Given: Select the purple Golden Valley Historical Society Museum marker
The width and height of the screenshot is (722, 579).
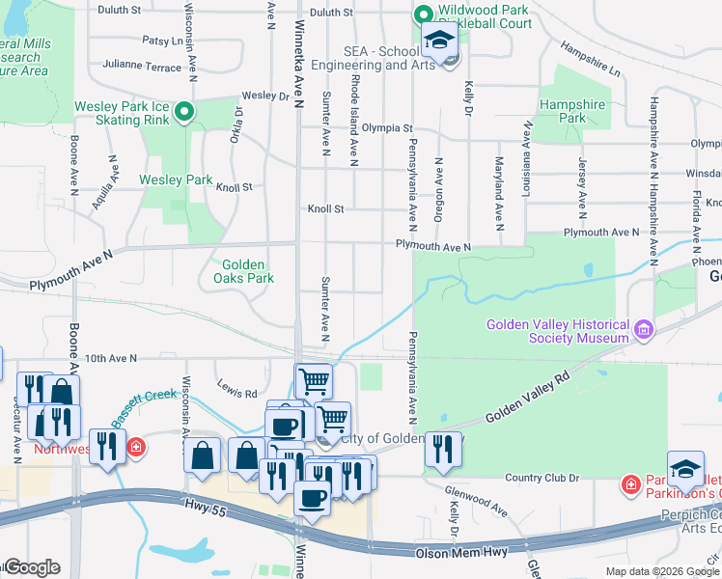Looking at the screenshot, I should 644,332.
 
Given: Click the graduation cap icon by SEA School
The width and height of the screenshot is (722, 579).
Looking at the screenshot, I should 439,41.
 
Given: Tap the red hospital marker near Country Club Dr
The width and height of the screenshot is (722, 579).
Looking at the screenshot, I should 630,482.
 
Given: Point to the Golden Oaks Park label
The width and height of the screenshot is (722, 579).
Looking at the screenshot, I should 248,271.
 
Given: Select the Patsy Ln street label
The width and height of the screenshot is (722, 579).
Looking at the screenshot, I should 162,41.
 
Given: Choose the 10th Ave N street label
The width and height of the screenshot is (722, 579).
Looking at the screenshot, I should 112,358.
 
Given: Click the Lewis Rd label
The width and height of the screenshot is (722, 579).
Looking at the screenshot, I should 236,394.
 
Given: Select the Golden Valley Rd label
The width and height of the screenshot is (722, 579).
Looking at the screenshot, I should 529,400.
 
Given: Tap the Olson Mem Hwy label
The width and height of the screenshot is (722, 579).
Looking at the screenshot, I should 453,554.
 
